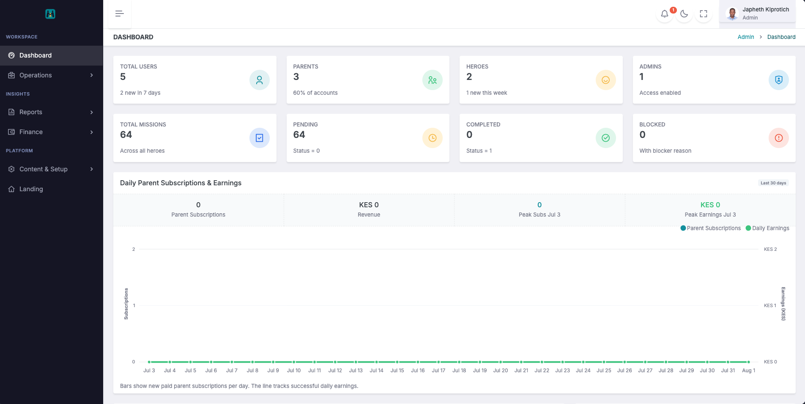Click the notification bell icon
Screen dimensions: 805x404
[665, 14]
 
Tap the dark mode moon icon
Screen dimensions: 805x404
[684, 14]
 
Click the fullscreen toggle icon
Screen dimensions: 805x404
[704, 14]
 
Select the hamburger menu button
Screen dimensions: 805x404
[120, 14]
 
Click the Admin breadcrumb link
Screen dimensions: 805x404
[746, 37]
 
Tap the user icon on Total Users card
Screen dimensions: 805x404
[260, 80]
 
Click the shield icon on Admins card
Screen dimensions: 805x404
[779, 80]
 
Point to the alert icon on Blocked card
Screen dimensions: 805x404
[779, 138]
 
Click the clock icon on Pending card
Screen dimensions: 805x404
[433, 138]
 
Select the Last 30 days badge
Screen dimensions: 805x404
[773, 183]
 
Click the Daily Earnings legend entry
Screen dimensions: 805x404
[767, 228]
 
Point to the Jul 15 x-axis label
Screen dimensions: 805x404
[397, 371]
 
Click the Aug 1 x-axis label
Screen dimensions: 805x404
[748, 371]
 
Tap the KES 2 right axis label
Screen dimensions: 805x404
[770, 250]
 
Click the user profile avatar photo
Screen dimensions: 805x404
[732, 14]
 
